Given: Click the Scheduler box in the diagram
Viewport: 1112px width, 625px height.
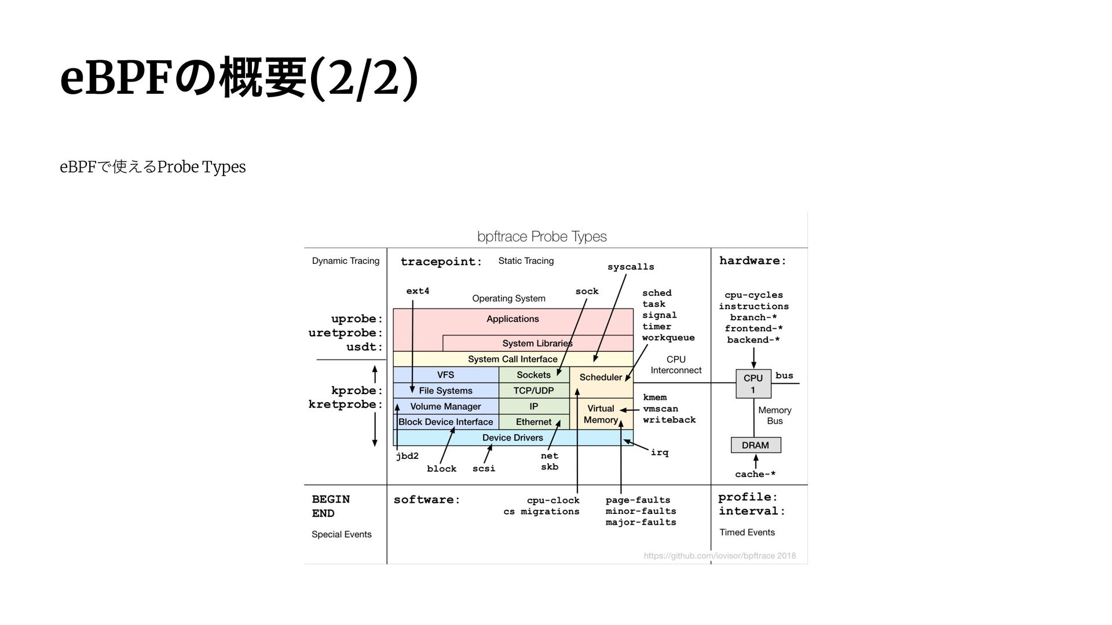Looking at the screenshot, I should (x=601, y=377).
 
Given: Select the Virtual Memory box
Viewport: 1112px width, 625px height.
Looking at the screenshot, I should (x=601, y=414).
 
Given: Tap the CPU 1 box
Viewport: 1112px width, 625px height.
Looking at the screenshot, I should (x=753, y=384).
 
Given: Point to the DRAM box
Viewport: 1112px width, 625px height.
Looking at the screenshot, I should (x=755, y=445).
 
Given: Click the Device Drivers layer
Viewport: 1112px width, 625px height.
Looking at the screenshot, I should (x=513, y=437).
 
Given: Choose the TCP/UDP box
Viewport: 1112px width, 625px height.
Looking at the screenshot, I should (x=533, y=391).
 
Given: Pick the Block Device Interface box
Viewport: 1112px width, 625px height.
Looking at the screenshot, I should (x=445, y=422).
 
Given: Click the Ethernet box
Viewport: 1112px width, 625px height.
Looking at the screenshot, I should (x=533, y=422).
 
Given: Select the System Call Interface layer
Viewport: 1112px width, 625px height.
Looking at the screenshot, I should (x=513, y=359).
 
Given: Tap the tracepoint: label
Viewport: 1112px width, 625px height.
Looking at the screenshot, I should (x=441, y=262).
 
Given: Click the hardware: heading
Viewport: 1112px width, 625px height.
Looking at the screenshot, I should (x=752, y=261).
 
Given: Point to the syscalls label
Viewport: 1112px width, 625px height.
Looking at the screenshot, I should (x=631, y=267).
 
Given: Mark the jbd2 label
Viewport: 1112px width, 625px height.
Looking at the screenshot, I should (x=407, y=456).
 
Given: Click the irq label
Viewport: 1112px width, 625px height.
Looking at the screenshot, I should (x=660, y=453).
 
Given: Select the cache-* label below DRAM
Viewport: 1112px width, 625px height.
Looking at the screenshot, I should (x=755, y=475).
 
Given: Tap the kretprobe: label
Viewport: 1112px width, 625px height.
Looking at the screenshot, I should (x=345, y=405).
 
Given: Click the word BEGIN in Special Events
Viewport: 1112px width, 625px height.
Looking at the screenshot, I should (x=331, y=499).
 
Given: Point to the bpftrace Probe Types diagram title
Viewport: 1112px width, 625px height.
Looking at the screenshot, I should (x=542, y=236).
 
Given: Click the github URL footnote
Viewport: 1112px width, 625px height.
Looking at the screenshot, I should (x=719, y=556).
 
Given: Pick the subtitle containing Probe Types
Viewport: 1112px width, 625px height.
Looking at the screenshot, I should (x=153, y=167).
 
